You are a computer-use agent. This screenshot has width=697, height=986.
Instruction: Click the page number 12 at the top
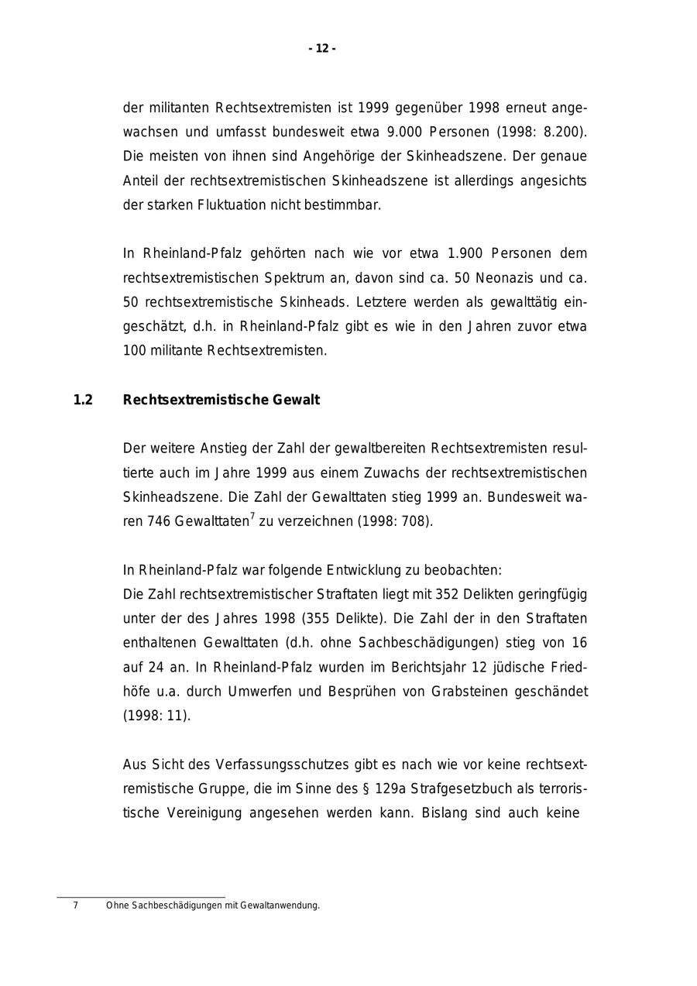pos(322,49)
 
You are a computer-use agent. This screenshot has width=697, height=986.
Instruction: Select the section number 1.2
pos(83,400)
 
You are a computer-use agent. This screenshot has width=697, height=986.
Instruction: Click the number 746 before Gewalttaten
pos(159,521)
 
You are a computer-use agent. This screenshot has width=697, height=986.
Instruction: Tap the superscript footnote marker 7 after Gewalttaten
pos(252,516)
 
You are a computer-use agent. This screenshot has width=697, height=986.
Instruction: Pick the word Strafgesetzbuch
pos(455,788)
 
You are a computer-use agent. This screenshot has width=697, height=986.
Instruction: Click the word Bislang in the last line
pos(444,813)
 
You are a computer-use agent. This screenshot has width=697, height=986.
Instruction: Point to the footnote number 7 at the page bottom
pos(75,905)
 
